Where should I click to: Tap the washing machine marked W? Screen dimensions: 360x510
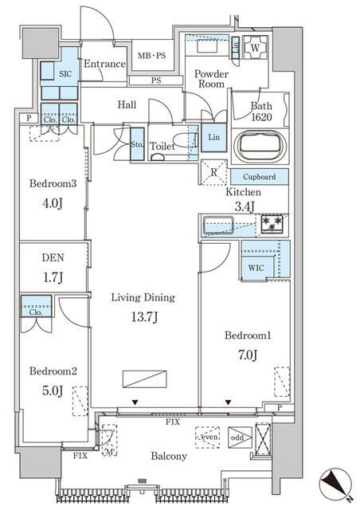coord(256,48)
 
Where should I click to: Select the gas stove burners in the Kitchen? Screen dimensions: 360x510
coord(272,224)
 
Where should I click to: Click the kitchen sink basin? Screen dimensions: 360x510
coord(218,226)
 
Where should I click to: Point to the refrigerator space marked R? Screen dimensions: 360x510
coord(213,172)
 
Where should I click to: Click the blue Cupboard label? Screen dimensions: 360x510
coord(259,177)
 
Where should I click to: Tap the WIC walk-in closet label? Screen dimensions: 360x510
coord(256,268)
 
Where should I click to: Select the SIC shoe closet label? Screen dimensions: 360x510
coord(65,74)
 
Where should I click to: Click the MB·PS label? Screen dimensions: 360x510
coord(151,56)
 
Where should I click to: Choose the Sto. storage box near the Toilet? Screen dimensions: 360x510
coord(137,144)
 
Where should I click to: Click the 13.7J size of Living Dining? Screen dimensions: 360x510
coord(144,317)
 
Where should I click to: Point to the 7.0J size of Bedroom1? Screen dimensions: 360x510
coord(248,355)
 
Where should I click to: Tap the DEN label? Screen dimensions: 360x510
coord(53,257)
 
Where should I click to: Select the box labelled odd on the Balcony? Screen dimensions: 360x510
coord(240,437)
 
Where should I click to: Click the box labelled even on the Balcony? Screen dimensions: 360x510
coord(208,437)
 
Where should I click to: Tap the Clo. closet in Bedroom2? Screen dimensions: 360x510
coord(36,306)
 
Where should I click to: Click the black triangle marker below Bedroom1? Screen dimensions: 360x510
coord(229,402)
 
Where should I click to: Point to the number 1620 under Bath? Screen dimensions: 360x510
coord(261,117)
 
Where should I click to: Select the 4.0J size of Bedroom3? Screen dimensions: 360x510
coord(53,204)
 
